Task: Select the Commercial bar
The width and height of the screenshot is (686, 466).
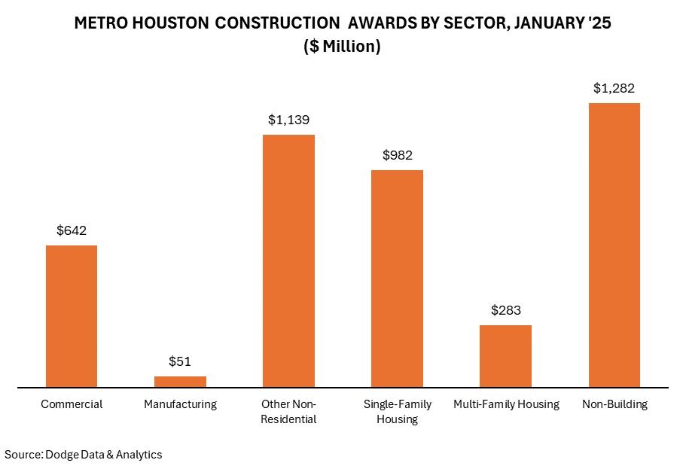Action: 72,316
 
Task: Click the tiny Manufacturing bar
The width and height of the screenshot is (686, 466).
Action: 180,382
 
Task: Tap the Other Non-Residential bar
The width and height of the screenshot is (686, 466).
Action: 288,261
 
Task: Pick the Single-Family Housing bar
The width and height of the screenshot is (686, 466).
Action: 397,279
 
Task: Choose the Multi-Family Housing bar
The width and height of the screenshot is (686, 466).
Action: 505,356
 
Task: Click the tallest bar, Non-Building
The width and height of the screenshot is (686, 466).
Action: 614,245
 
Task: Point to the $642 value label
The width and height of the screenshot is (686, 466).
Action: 72,230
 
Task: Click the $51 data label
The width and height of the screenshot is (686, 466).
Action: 180,361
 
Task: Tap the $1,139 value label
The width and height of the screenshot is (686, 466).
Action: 288,120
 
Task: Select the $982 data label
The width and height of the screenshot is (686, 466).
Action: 397,155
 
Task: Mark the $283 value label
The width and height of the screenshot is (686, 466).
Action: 505,310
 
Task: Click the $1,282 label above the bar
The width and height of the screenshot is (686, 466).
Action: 614,88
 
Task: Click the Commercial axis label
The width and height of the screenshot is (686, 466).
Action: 72,404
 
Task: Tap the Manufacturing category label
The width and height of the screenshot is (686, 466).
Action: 180,404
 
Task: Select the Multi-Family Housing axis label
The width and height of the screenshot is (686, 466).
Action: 506,404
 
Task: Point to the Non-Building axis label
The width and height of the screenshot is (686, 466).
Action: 614,404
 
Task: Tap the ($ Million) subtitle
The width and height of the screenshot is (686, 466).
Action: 343,47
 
